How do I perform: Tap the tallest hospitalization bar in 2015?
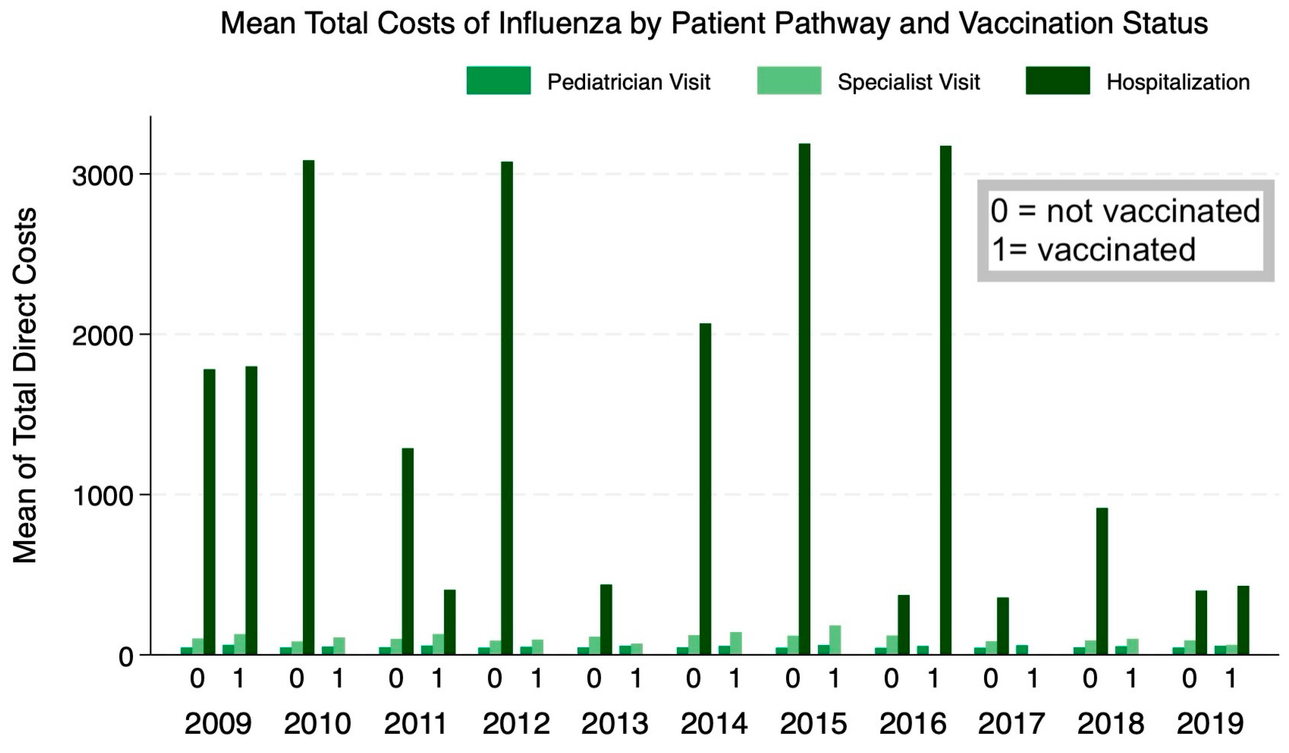[804, 399]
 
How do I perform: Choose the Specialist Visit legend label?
[908, 82]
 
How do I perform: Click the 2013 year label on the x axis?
[615, 723]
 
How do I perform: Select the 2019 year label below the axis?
[1210, 723]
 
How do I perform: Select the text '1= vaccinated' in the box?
[1093, 250]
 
